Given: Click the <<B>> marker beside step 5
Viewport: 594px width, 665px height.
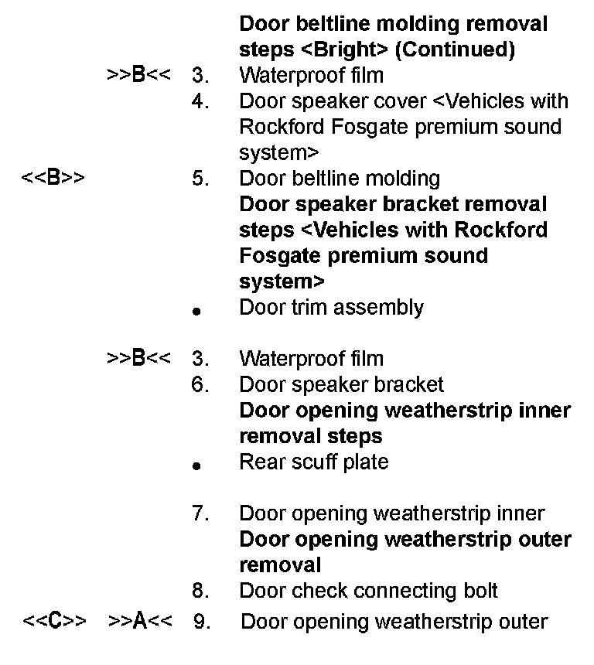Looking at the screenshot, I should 53,179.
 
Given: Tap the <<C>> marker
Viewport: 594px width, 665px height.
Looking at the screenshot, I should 53,622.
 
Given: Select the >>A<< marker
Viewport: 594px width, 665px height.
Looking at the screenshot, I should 139,622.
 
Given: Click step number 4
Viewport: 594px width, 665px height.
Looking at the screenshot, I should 200,101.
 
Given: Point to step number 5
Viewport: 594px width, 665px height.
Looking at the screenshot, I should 200,179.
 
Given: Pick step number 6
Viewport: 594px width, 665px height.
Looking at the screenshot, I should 200,384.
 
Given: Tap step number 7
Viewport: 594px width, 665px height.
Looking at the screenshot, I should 200,513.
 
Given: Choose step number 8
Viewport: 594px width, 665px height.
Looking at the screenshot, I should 200,591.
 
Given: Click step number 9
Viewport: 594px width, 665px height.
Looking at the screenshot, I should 201,622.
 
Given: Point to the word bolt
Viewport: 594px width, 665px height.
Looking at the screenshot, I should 480,591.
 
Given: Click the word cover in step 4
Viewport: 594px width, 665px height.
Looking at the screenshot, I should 431,101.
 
